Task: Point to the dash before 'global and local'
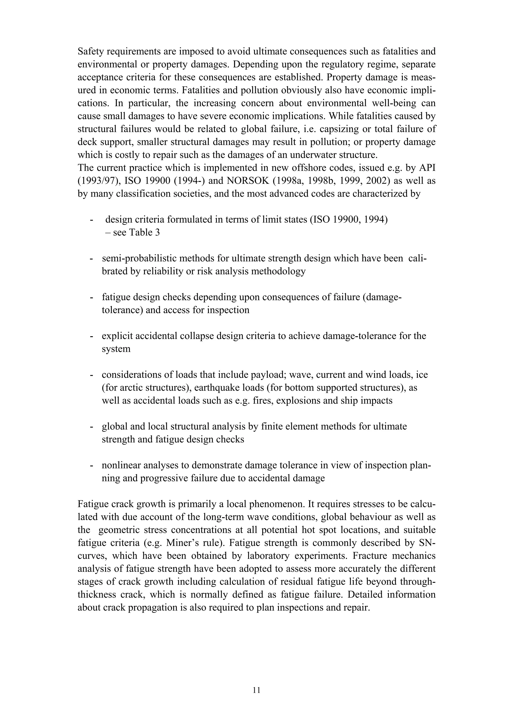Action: click(x=92, y=427)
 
